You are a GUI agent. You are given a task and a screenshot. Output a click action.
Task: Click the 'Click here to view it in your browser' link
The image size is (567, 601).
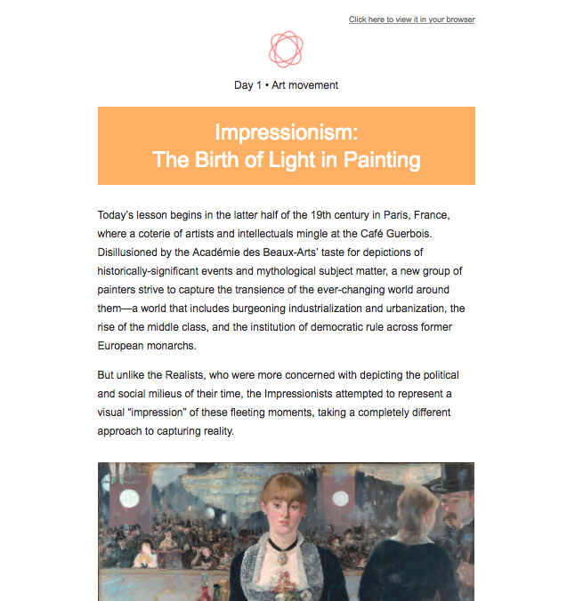(x=411, y=20)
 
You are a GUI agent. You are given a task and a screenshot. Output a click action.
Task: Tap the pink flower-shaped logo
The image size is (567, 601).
(x=287, y=50)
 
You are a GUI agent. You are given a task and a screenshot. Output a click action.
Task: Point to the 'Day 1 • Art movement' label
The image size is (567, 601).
(x=286, y=85)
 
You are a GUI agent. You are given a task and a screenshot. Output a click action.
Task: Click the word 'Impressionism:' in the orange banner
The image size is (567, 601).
(x=286, y=132)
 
